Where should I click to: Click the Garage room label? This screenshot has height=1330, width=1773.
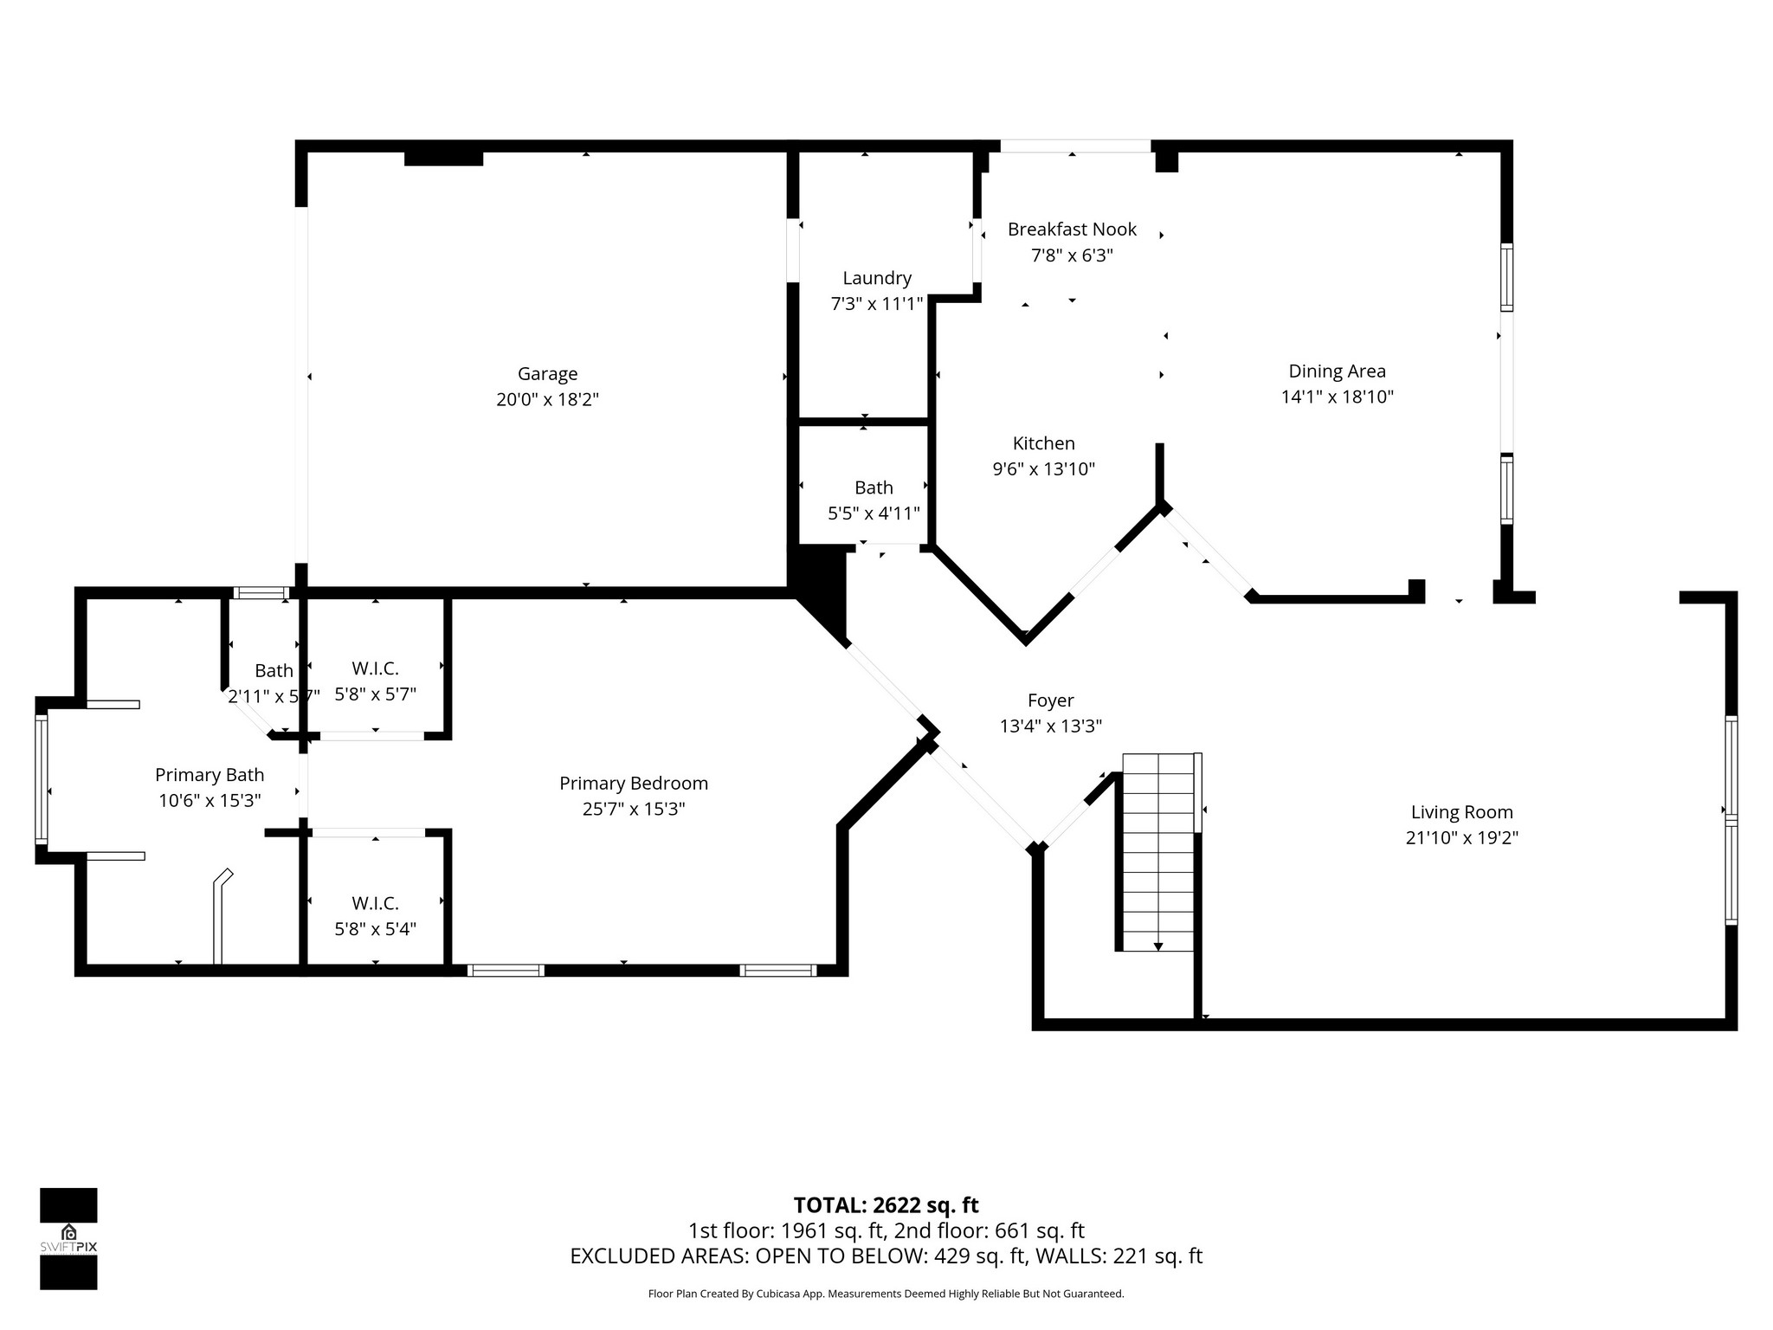[547, 374]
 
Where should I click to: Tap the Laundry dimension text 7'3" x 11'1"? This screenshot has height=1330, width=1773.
[877, 304]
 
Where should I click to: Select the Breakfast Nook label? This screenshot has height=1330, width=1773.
[1072, 229]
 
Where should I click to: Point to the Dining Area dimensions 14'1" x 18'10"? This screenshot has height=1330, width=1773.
[1337, 397]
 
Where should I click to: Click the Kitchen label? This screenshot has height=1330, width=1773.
[1043, 443]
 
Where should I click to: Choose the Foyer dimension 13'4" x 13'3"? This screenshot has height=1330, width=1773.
[1050, 726]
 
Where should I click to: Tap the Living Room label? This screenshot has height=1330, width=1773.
[1461, 812]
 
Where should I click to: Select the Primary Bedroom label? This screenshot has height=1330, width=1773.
[633, 784]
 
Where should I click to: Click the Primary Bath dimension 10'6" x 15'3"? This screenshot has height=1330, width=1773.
[210, 801]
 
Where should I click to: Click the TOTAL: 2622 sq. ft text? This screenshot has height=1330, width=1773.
[886, 1205]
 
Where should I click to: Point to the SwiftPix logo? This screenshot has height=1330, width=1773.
[68, 1239]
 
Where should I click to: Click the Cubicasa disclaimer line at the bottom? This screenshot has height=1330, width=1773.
[886, 1294]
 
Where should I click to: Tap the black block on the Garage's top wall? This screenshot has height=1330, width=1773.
[443, 158]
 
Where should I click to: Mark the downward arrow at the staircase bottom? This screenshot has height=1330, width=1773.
[1158, 946]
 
